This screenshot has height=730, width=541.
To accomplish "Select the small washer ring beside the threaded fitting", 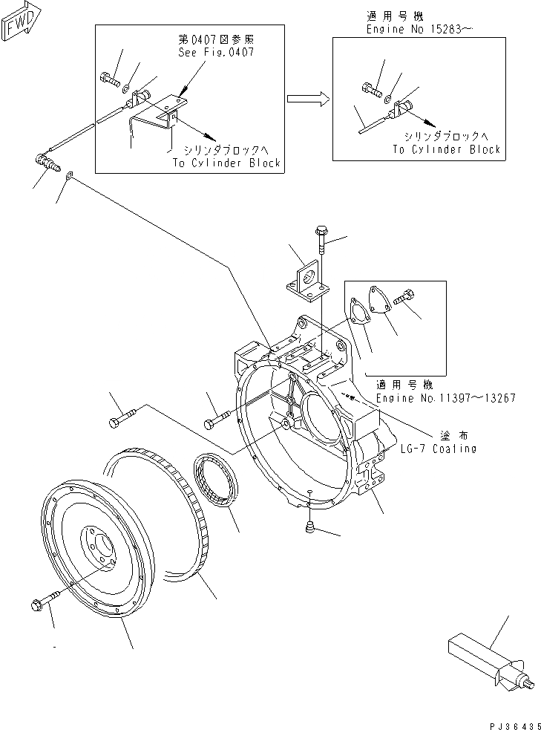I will coord(69,175).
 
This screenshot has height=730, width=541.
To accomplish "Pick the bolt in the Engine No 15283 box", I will coord(372,89).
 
